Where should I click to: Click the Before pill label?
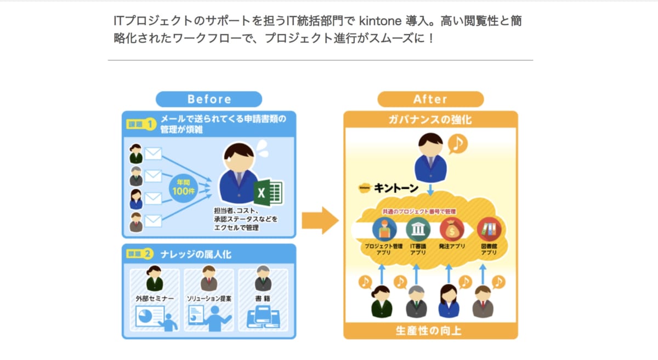point(209,99)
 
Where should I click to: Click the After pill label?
point(430,99)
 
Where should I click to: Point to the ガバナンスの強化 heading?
point(430,119)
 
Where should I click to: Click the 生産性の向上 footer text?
point(430,330)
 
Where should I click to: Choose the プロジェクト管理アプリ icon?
point(384,229)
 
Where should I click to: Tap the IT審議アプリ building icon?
point(418,229)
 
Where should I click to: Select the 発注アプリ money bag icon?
point(452,229)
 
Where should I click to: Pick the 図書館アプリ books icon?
point(489,229)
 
